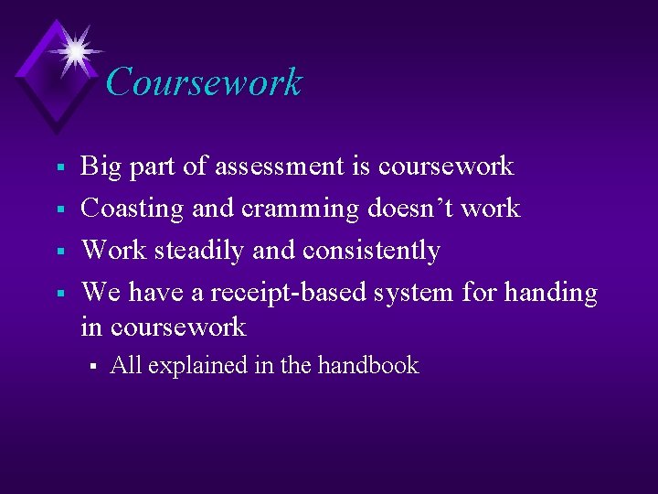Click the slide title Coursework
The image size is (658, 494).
coord(203,82)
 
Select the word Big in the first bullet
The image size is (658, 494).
coord(101,166)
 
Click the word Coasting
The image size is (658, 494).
coord(133,209)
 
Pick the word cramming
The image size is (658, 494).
coord(301,209)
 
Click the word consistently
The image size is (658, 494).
coord(371,251)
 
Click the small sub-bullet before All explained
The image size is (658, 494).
coord(92,367)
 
